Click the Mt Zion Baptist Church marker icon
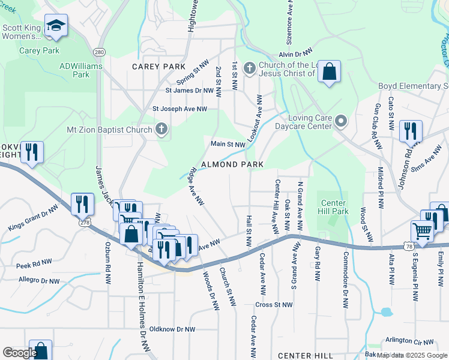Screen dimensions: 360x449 click(161, 129)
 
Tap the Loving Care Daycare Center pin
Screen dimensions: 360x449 click(341, 122)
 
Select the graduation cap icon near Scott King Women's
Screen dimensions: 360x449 click(56, 26)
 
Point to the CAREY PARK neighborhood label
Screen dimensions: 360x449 click(158, 66)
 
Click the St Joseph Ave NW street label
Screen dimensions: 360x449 click(179, 109)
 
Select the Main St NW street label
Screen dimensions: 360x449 click(228, 144)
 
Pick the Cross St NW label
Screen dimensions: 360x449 click(275, 305)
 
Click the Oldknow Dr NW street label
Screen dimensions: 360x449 click(172, 329)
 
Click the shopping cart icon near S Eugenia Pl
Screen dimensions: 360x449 click(422, 230)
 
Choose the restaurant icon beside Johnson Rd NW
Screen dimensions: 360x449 click(411, 130)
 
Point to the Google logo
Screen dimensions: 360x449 click(20, 353)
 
